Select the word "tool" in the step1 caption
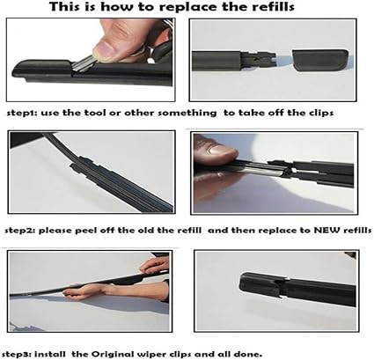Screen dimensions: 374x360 click(94, 113)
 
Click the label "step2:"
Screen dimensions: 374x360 click(19, 231)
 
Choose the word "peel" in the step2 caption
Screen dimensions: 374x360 click(86, 231)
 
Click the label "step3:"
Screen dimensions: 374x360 click(18, 355)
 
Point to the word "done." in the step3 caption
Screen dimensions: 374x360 click(248, 354)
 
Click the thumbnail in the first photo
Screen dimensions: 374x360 click(106, 48)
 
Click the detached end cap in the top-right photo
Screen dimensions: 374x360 click(320, 60)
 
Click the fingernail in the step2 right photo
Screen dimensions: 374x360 click(222, 151)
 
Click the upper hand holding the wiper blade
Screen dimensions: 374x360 click(155, 266)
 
